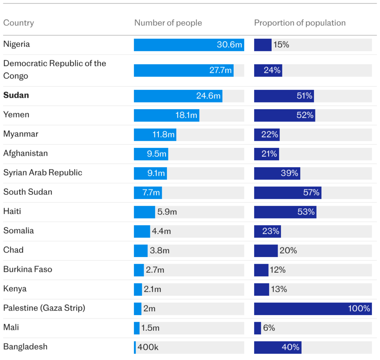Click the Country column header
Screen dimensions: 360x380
coord(19,23)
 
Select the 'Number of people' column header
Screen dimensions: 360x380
coord(168,23)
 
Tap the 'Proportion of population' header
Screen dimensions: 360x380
coord(299,23)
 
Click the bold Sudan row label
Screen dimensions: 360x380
coord(16,95)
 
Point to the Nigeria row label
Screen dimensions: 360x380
coord(17,44)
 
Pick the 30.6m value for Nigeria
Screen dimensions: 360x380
coord(229,45)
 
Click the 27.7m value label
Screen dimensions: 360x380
coord(220,70)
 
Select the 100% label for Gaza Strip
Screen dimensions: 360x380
coord(359,309)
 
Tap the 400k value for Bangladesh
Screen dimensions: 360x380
coord(148,347)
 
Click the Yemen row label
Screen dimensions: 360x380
coord(16,115)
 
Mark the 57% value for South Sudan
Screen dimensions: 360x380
coord(311,193)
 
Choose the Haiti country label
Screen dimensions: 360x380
coord(12,211)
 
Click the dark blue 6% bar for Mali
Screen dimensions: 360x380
coord(258,328)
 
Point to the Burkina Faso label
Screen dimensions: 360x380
coord(28,269)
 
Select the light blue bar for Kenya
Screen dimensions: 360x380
coord(138,289)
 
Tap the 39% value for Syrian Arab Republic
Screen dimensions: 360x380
coord(289,173)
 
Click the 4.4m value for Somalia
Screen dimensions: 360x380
coord(161,231)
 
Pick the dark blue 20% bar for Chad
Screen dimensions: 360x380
coord(266,251)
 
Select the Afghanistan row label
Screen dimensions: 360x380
coord(26,153)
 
